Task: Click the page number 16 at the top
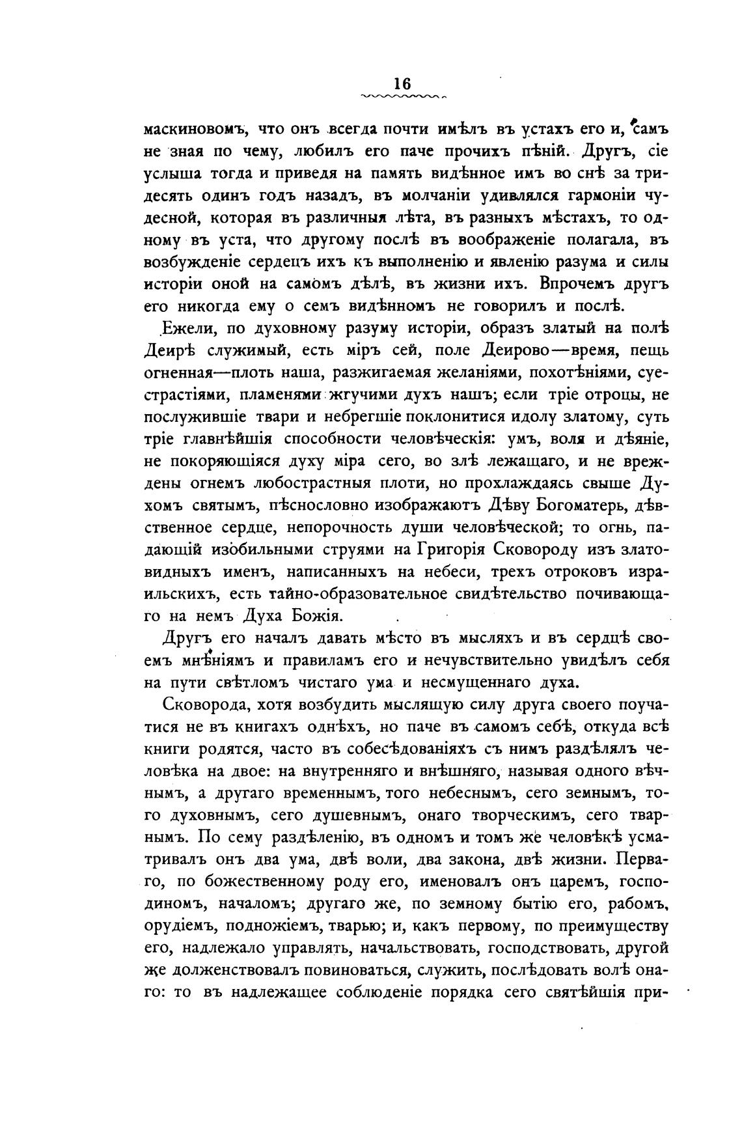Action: coord(402,84)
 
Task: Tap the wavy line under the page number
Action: coord(402,96)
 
